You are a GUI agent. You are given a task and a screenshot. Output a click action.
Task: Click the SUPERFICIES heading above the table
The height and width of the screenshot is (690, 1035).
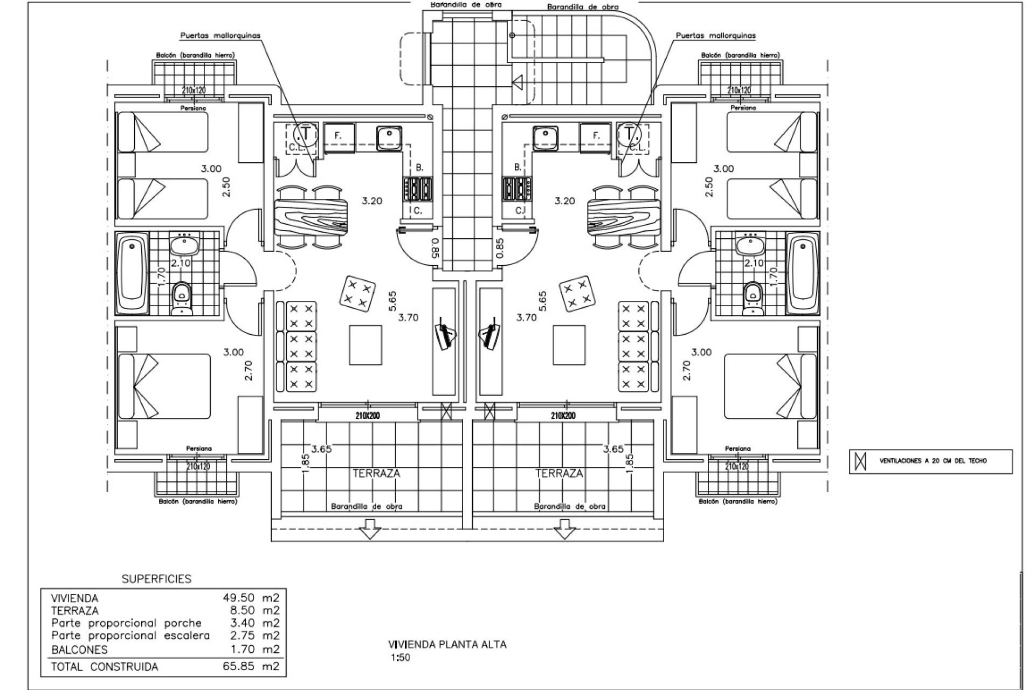(156, 579)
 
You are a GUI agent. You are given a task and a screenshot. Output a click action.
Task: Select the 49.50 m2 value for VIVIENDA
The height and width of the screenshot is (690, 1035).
(251, 598)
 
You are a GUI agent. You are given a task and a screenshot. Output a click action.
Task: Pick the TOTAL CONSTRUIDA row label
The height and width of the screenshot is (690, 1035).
(104, 667)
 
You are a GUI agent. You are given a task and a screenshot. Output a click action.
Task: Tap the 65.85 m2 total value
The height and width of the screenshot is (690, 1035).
(251, 666)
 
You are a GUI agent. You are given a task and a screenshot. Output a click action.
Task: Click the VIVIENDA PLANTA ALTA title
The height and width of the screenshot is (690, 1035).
(447, 644)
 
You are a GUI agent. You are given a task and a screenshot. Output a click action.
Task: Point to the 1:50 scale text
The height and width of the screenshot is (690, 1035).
(401, 658)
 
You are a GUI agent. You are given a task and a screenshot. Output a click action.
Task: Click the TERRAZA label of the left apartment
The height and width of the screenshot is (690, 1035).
(376, 473)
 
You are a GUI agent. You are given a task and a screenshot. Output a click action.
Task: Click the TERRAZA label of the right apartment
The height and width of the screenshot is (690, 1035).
(558, 473)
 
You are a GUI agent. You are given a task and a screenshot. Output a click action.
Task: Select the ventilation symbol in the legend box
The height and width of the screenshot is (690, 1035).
(861, 461)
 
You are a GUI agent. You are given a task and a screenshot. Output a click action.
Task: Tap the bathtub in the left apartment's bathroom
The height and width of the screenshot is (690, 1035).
(132, 273)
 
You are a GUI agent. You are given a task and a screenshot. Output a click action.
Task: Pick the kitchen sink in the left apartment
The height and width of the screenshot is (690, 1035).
(389, 137)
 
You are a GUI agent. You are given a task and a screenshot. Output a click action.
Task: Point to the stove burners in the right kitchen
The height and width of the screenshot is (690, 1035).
(516, 189)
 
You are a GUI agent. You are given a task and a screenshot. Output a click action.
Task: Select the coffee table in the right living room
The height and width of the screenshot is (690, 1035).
(569, 345)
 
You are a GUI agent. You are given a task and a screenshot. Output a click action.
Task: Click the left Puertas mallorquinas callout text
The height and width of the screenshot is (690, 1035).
(220, 36)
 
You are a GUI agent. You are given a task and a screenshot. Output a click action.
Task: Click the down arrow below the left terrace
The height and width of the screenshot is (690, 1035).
(370, 528)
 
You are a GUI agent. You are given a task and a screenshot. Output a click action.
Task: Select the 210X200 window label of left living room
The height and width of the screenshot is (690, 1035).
(367, 415)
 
